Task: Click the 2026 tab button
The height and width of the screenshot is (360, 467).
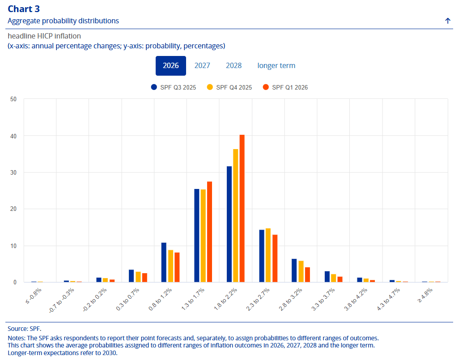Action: coord(171,65)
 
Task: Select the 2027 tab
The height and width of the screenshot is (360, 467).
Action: coord(202,65)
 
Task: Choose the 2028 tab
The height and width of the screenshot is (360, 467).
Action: coord(234,65)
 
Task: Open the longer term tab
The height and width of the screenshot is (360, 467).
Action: coord(276,65)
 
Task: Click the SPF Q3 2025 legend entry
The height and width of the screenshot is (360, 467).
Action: coord(174,87)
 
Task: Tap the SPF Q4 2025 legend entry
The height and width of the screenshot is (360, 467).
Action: coord(229,87)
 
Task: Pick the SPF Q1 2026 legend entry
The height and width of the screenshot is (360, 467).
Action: coord(285,87)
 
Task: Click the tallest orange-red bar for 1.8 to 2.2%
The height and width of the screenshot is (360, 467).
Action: coord(242,208)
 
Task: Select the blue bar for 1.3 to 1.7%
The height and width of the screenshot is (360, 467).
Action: coord(196,236)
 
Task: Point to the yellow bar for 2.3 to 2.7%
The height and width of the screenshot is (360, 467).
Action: coord(268,255)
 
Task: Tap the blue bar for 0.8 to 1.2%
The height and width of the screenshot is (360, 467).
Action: coord(164,262)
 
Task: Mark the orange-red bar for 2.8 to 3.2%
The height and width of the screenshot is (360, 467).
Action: coord(307,275)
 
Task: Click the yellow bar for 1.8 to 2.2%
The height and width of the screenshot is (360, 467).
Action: coord(236,215)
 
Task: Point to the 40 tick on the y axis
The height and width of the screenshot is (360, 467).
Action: coord(13,136)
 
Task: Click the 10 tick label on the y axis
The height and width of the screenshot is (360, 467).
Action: coord(13,246)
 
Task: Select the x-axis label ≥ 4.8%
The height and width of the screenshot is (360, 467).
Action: coord(425,296)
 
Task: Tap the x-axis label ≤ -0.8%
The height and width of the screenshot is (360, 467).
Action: coord(34,296)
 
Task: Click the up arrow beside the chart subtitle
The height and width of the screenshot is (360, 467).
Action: coord(448,21)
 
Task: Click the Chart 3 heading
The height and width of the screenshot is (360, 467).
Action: coord(24,9)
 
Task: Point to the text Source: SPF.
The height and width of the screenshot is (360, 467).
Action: coord(25,329)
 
